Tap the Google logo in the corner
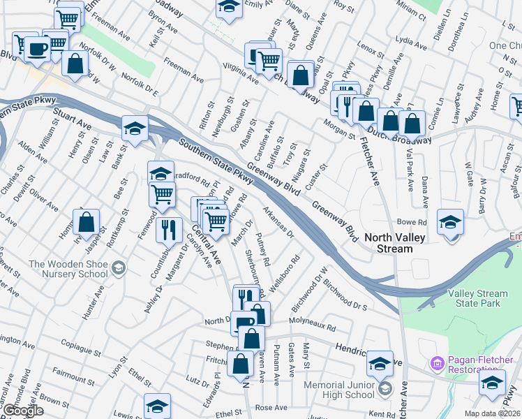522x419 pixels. tap(23, 411)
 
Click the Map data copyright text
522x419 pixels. tap(493, 413)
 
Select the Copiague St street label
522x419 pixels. tap(81, 345)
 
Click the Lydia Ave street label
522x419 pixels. tap(409, 40)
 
